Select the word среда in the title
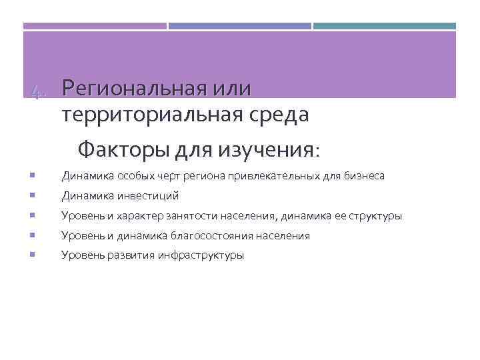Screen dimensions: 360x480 [281, 115]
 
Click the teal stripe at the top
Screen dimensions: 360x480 [385, 27]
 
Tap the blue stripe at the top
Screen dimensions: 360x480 [239, 27]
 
